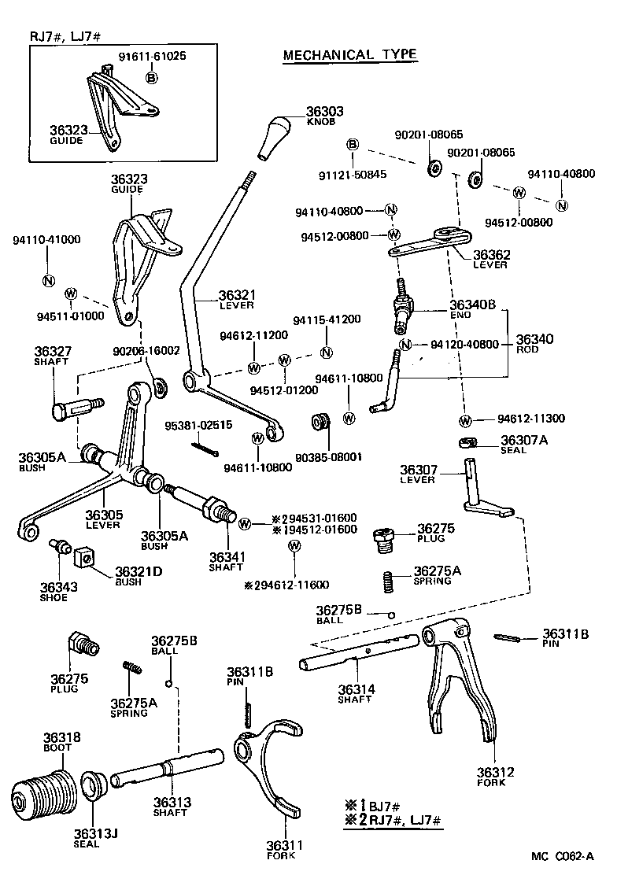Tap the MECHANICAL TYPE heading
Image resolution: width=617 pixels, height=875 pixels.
coord(350,54)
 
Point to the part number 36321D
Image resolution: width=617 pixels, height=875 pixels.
coord(139,571)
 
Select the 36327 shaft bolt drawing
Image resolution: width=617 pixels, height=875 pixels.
coord(75,408)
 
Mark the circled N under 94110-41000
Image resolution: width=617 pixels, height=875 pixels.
coord(47,281)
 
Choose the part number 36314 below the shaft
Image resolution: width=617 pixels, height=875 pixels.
coord(355,690)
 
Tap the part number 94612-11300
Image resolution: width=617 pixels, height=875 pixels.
coord(530,419)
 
